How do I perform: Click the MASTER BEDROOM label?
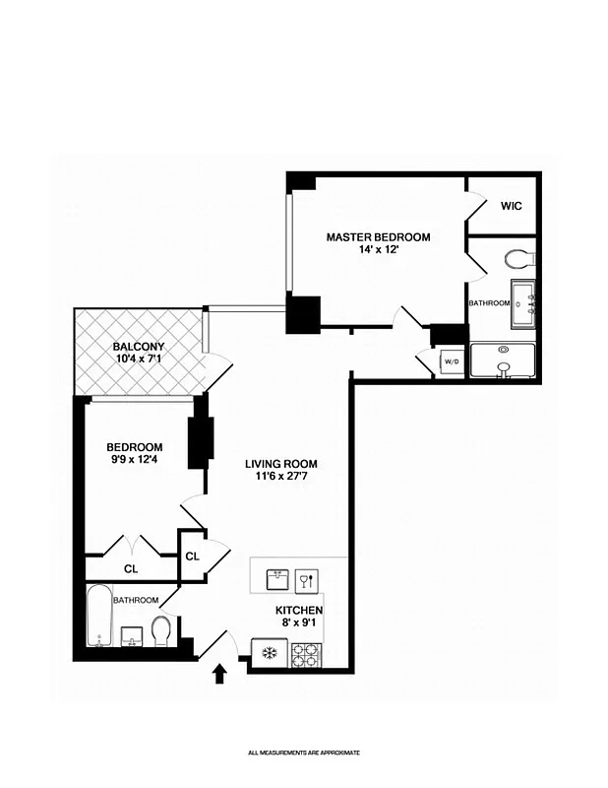click(x=378, y=237)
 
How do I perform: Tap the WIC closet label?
click(x=511, y=206)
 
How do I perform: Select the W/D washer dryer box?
click(x=452, y=361)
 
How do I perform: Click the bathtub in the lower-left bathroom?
click(x=96, y=617)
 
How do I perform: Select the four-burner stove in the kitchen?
click(x=306, y=654)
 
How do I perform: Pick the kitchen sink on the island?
click(x=277, y=579)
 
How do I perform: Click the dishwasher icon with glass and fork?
click(x=306, y=579)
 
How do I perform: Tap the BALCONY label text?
click(x=138, y=347)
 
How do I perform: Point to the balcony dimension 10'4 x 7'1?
click(x=138, y=360)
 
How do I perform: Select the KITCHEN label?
click(x=298, y=611)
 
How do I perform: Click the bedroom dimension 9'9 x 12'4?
click(x=135, y=460)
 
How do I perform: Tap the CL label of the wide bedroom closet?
click(x=131, y=568)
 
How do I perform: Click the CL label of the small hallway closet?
click(x=192, y=557)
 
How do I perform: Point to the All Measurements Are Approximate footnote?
click(x=303, y=753)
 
